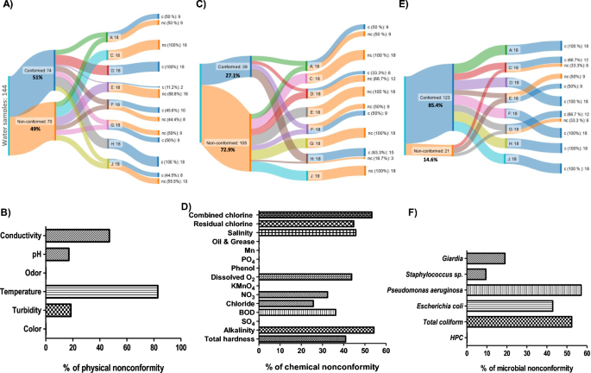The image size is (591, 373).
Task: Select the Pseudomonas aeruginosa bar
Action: coord(524,289)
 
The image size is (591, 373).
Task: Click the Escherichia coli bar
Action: coord(510,306)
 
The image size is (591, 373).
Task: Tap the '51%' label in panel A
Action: coord(38,76)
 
